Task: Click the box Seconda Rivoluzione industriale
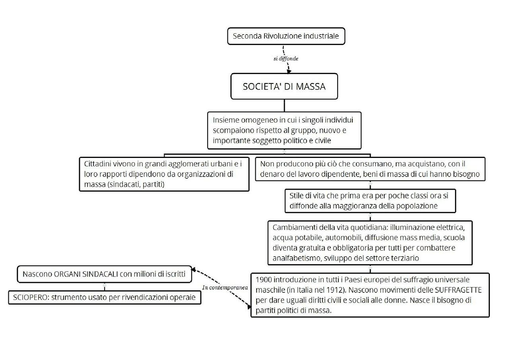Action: coord(286,36)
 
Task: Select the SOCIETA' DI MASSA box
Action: coord(284,86)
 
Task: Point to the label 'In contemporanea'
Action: coord(225,287)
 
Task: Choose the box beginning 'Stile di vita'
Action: coord(370,200)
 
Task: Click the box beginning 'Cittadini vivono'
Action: coord(164,174)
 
